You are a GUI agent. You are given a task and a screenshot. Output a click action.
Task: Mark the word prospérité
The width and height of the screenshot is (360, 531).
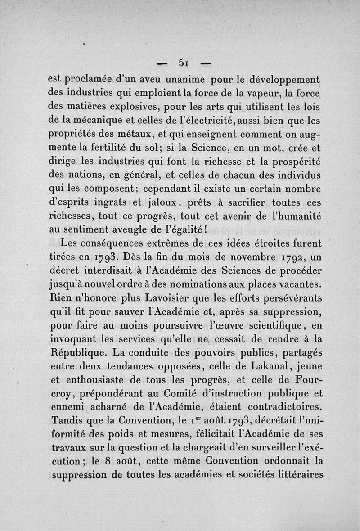(x=294, y=161)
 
